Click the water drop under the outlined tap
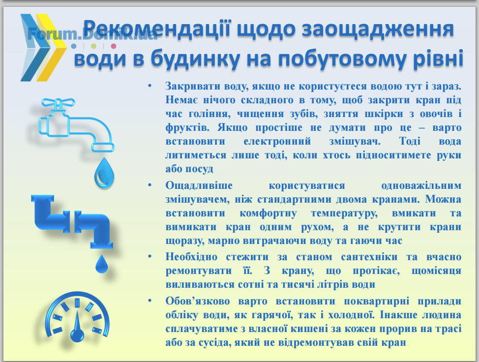click(x=104, y=173)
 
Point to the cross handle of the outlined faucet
click(x=58, y=102)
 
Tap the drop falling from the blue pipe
click(x=102, y=264)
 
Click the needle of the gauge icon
click(x=77, y=326)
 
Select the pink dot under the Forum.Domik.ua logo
click(x=113, y=46)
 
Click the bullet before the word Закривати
click(x=150, y=86)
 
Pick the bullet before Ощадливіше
click(x=150, y=185)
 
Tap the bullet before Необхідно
click(x=150, y=256)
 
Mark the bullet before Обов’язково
click(x=150, y=301)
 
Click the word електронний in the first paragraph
click(x=277, y=142)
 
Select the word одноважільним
click(x=421, y=185)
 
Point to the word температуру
click(x=344, y=213)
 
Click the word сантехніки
click(x=369, y=257)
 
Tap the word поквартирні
click(x=376, y=302)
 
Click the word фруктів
click(x=187, y=128)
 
